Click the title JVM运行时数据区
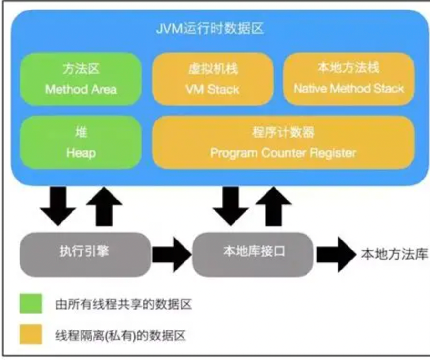click(x=210, y=29)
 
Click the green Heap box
click(x=81, y=142)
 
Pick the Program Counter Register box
click(x=283, y=142)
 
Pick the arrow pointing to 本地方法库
click(x=335, y=252)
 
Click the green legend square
click(x=31, y=303)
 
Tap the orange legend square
click(x=31, y=335)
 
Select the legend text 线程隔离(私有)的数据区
click(x=120, y=336)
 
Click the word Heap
click(x=81, y=153)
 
